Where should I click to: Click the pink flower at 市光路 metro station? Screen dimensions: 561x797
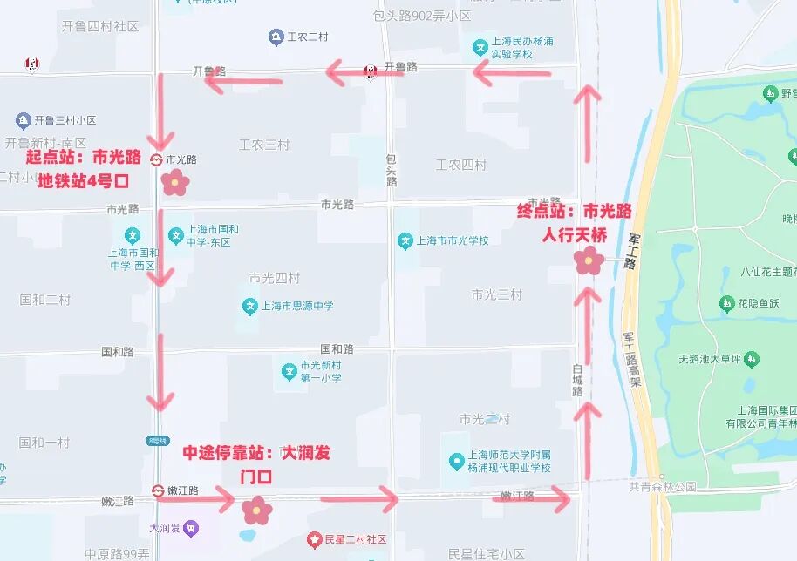tap(175, 182)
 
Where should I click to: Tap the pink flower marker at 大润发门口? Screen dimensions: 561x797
tap(256, 510)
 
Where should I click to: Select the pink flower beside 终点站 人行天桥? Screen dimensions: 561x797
tap(589, 260)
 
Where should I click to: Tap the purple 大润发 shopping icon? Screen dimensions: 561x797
tap(192, 528)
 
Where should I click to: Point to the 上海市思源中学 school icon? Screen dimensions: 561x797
tap(250, 307)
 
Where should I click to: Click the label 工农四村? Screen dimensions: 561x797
tap(461, 165)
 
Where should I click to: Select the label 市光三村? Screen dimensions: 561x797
tap(496, 294)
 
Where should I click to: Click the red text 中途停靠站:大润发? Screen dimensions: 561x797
tap(256, 454)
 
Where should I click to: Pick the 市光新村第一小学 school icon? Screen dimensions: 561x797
tap(289, 373)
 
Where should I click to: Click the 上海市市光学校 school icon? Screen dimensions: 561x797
tap(405, 240)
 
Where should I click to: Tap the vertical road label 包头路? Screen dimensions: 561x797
tap(392, 170)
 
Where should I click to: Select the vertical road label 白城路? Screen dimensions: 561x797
tap(577, 380)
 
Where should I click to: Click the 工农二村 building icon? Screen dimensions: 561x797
tap(276, 37)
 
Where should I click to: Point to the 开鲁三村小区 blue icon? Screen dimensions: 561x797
tap(24, 120)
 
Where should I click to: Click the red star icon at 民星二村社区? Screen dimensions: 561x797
tap(315, 541)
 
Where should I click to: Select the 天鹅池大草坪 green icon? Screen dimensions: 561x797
tap(752, 359)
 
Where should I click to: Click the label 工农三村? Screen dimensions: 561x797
tap(264, 145)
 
